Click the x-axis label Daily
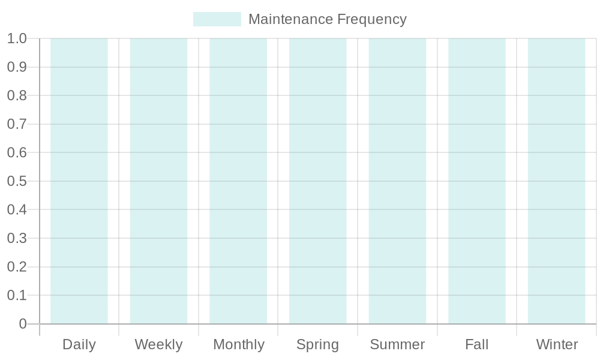(x=79, y=345)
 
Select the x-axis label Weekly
(x=158, y=345)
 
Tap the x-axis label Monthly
(x=239, y=345)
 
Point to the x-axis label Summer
(x=397, y=345)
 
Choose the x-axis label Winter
(x=557, y=345)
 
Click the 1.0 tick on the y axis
(x=17, y=39)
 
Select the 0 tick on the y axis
(x=23, y=324)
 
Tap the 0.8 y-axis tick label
(x=17, y=96)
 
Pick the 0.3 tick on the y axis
(x=17, y=239)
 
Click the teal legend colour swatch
(x=217, y=19)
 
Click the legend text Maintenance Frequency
(x=327, y=19)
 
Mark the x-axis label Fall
(x=477, y=345)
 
